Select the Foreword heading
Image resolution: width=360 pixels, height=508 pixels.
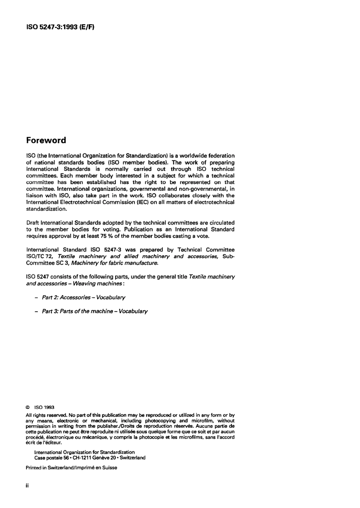tap(46, 140)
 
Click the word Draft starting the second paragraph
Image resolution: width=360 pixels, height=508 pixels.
tap(33, 223)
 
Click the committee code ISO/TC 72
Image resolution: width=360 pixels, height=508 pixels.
tap(40, 256)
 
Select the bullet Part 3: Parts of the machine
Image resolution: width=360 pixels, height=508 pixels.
tap(95, 311)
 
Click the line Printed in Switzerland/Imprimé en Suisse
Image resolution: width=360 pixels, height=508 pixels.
tap(71, 467)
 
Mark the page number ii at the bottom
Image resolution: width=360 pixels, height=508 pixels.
tap(27, 486)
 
